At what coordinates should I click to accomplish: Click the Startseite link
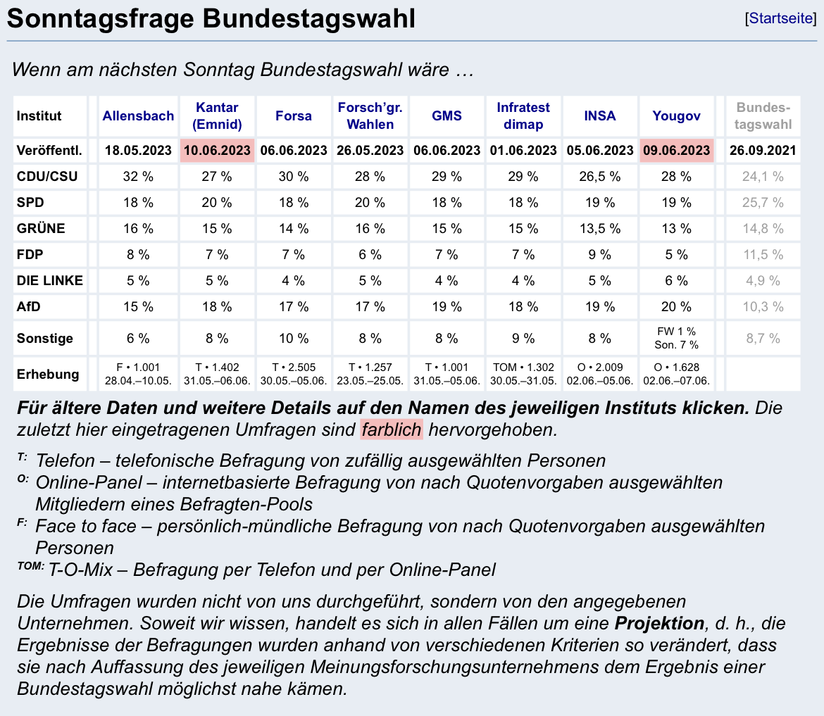tap(781, 18)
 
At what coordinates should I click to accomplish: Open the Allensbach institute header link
tap(138, 116)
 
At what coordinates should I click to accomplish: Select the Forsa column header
tap(294, 116)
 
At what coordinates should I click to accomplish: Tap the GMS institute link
tap(447, 116)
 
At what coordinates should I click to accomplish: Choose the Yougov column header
tap(676, 116)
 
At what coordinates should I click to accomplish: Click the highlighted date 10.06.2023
tap(217, 150)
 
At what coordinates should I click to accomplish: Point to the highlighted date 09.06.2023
tap(676, 150)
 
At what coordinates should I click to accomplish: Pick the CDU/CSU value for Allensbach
tap(138, 177)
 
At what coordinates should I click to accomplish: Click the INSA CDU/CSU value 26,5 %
tap(600, 177)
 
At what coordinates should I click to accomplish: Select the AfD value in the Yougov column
tap(676, 306)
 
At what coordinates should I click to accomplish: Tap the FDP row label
tap(32, 254)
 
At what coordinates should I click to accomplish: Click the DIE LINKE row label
tap(50, 280)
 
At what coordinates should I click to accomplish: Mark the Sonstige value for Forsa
tap(294, 338)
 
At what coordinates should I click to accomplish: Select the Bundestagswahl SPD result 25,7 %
tap(763, 203)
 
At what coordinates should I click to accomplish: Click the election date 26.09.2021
tap(763, 150)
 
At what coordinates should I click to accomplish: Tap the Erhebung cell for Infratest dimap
tap(523, 374)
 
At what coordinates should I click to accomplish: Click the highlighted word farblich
tap(392, 429)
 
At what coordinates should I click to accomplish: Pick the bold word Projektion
tap(659, 623)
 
